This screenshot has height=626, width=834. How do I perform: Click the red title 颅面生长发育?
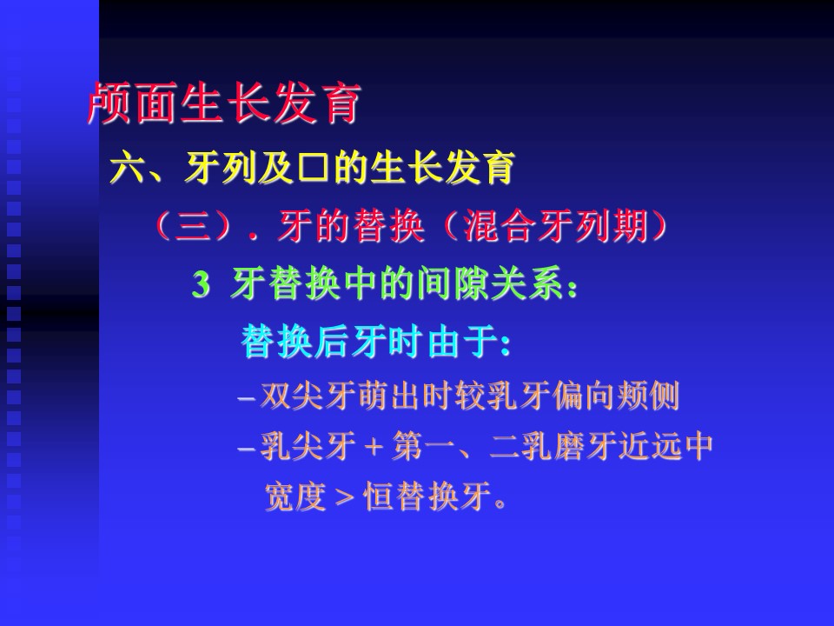click(x=224, y=103)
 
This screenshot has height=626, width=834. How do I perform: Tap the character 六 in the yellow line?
click(x=128, y=168)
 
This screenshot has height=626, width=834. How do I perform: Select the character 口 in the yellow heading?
click(x=314, y=168)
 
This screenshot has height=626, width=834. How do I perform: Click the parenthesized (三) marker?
click(x=194, y=226)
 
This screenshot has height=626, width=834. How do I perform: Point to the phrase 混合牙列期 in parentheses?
click(x=556, y=226)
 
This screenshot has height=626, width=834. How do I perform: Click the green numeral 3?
click(x=201, y=284)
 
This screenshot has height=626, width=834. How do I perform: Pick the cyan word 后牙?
click(x=350, y=342)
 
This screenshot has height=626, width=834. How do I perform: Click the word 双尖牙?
click(x=308, y=396)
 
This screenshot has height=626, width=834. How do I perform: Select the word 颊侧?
click(x=648, y=396)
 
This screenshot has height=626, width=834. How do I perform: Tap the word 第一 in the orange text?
click(x=423, y=446)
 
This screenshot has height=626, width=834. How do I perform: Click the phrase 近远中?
click(x=665, y=446)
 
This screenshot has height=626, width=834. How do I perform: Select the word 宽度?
click(x=295, y=496)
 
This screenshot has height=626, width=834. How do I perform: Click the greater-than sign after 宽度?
click(x=344, y=497)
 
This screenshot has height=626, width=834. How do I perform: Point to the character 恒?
click(x=379, y=496)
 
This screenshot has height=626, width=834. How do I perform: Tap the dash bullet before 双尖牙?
click(x=247, y=399)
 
